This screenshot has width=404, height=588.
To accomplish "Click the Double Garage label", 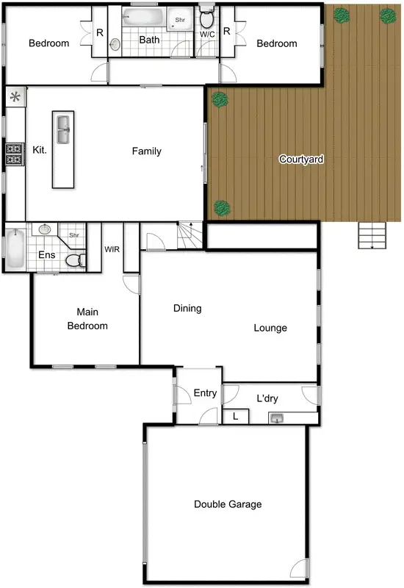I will pyautogui.click(x=228, y=504).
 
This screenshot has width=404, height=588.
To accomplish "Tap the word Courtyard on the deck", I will pyautogui.click(x=301, y=159).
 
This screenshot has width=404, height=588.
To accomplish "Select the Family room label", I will pyautogui.click(x=146, y=151).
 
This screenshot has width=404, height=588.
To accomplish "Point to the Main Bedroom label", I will pyautogui.click(x=87, y=319).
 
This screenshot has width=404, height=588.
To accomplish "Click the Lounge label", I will pyautogui.click(x=270, y=328).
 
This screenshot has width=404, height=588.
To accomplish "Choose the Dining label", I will pyautogui.click(x=187, y=309).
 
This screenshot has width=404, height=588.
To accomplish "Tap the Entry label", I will pyautogui.click(x=205, y=393).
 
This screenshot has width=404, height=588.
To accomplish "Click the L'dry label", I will pyautogui.click(x=267, y=398).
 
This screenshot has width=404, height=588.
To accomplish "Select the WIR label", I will pyautogui.click(x=112, y=250).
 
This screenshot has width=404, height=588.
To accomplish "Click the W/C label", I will pyautogui.click(x=207, y=34).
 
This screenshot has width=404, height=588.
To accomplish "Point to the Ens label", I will pyautogui.click(x=46, y=255).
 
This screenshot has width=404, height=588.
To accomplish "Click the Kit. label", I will pyautogui.click(x=40, y=151).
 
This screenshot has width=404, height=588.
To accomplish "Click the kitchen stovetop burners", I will pyautogui.click(x=14, y=154).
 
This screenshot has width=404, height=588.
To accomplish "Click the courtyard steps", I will pyautogui.click(x=372, y=236).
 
